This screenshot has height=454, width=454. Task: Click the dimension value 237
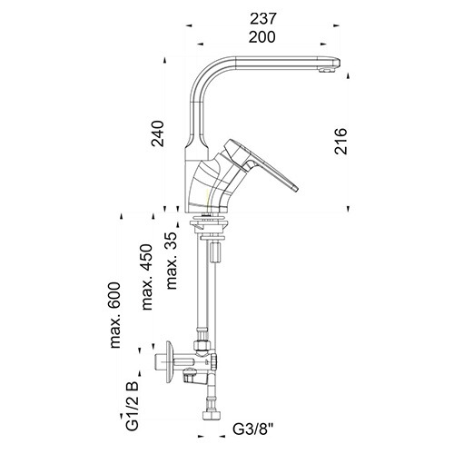(x=262, y=19)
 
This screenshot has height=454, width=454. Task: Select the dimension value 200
(x=262, y=37)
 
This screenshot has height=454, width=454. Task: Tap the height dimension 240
(x=158, y=133)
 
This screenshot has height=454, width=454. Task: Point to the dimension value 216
(x=340, y=141)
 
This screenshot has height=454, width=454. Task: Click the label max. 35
(x=172, y=261)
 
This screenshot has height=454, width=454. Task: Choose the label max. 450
(x=147, y=277)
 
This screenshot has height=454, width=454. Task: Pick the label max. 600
(x=115, y=315)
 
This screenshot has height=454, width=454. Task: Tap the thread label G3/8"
(x=253, y=429)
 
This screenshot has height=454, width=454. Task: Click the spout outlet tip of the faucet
(x=327, y=71)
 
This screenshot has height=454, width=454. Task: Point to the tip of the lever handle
(x=295, y=188)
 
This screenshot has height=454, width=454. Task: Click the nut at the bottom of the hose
(x=210, y=415)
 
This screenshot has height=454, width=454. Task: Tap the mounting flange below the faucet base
(x=208, y=224)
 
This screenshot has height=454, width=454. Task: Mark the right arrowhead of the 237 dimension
(x=336, y=26)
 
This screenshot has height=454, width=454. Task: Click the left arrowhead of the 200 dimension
(x=201, y=44)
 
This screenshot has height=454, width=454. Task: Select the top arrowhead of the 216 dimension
(x=348, y=75)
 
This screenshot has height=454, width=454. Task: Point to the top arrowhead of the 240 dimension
(x=165, y=60)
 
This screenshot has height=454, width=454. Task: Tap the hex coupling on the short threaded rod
(x=216, y=252)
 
